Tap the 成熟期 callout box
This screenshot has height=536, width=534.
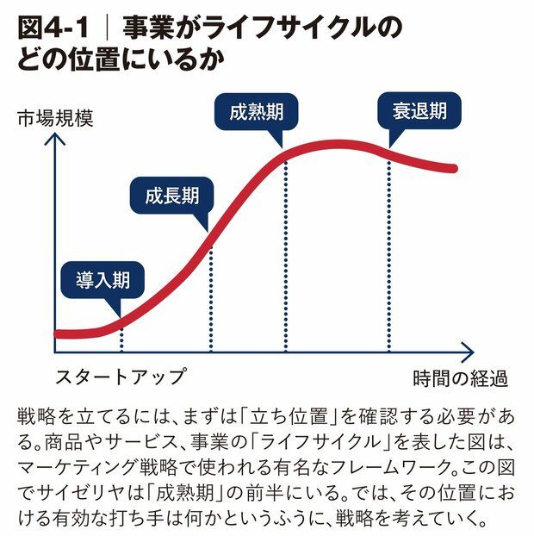coord(258,112)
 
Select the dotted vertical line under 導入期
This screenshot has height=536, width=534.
coord(121,336)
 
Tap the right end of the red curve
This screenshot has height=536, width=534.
coord(455,166)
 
